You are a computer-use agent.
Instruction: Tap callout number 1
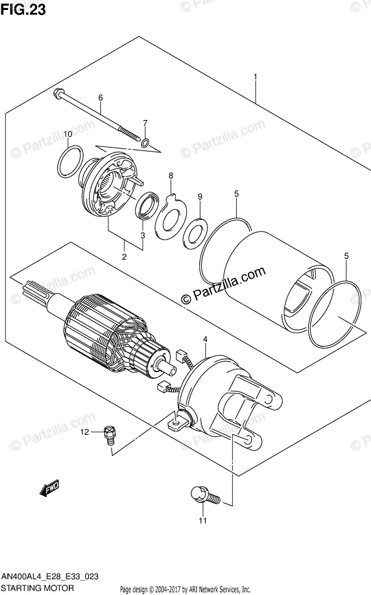(255, 77)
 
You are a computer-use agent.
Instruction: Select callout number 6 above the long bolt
(100, 98)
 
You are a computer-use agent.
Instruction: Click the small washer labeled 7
(145, 143)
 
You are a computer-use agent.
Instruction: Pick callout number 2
(124, 256)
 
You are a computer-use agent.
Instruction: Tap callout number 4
(206, 339)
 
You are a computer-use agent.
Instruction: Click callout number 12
(85, 432)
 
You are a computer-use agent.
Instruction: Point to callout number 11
(202, 521)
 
